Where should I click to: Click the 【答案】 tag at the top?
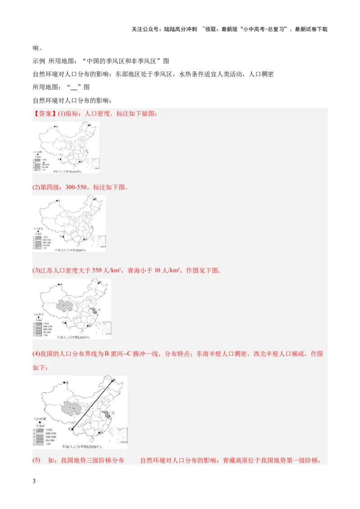click(x=44, y=114)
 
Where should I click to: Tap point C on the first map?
click(x=59, y=159)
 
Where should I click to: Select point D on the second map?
click(x=83, y=239)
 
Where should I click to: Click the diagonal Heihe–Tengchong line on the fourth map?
click(x=92, y=405)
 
